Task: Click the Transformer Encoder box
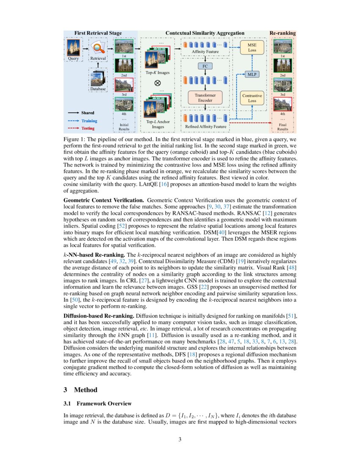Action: click(205, 98)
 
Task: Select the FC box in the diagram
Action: click(205, 66)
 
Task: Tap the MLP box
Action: click(252, 75)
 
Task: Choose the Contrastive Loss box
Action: click(252, 98)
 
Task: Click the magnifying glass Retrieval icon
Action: click(98, 47)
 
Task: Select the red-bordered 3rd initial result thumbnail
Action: click(124, 85)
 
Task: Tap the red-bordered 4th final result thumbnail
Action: click(283, 104)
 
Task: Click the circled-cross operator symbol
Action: click(158, 83)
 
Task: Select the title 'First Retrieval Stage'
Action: click(98, 33)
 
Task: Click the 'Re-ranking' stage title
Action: click(282, 33)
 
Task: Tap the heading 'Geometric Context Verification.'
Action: click(103, 200)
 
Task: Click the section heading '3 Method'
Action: click(80, 390)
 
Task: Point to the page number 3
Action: click(180, 439)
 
